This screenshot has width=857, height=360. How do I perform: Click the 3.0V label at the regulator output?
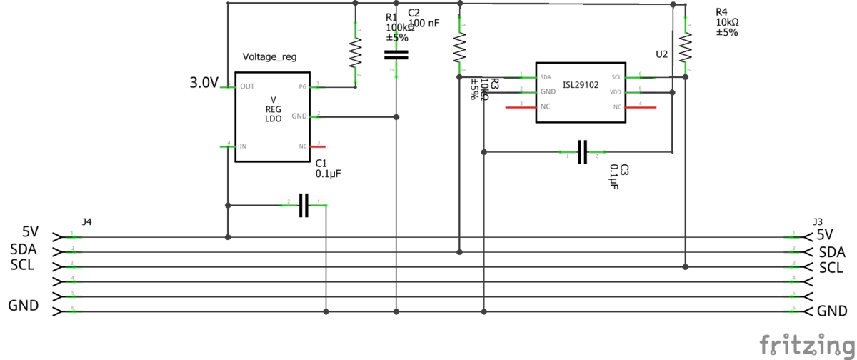(x=204, y=83)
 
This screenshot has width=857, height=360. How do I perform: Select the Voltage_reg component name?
(x=270, y=57)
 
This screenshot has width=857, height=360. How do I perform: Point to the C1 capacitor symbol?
(x=304, y=206)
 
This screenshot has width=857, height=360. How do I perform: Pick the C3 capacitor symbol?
(x=582, y=151)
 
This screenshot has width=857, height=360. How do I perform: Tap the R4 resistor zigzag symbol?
(x=686, y=48)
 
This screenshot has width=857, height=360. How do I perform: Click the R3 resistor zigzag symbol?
(x=459, y=48)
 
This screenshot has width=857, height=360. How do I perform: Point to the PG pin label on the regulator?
(x=303, y=87)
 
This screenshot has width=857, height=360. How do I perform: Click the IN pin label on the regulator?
(x=244, y=146)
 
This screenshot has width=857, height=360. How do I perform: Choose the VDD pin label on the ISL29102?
(x=616, y=92)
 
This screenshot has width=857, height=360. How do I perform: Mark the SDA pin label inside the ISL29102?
(x=546, y=76)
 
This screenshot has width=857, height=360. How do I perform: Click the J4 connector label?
(x=86, y=222)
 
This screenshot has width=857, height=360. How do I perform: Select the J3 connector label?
(x=818, y=222)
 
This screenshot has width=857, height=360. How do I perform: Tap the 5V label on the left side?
(x=30, y=232)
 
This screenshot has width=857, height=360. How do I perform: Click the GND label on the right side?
(x=832, y=311)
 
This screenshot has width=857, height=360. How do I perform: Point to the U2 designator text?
(x=662, y=54)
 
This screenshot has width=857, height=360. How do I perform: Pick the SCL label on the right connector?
(x=831, y=268)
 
